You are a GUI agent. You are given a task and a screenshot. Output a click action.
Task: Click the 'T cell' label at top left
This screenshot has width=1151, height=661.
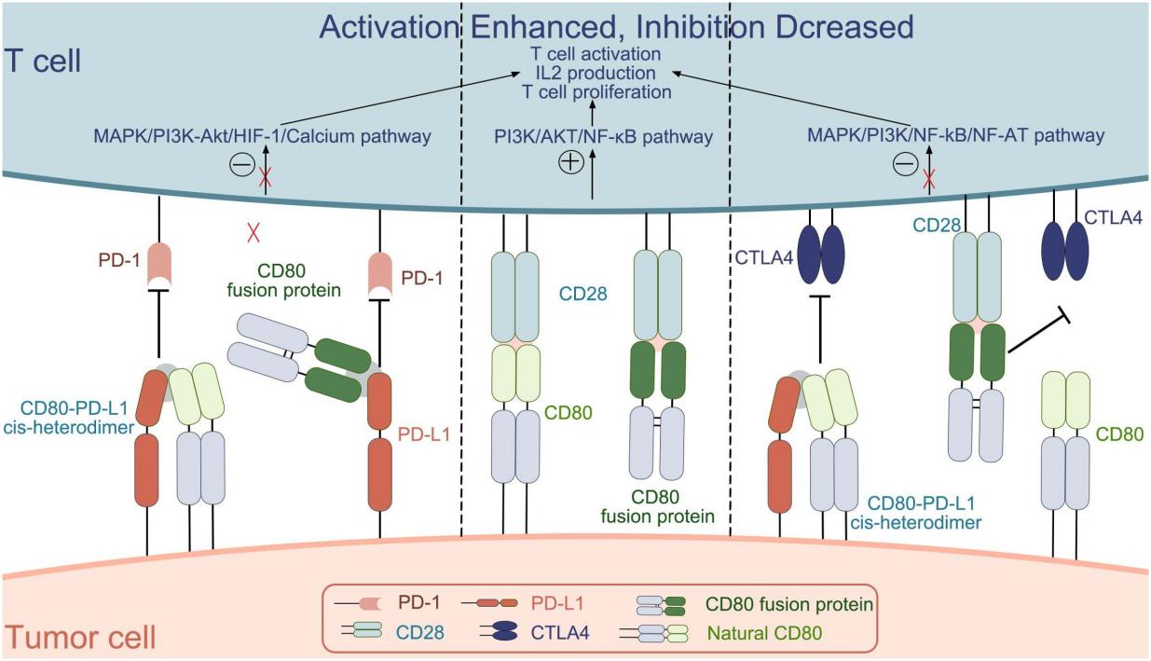[44, 62]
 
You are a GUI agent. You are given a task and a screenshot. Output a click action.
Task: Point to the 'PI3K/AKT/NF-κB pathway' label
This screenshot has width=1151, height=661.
[603, 137]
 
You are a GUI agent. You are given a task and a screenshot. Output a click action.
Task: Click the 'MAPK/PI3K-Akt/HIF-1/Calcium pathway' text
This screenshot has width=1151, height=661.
[262, 137]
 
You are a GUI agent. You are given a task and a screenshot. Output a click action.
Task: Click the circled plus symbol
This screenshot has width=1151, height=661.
[569, 162]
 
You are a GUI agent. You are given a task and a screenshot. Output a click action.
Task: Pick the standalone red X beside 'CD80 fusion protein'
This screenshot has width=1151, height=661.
[253, 233]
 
